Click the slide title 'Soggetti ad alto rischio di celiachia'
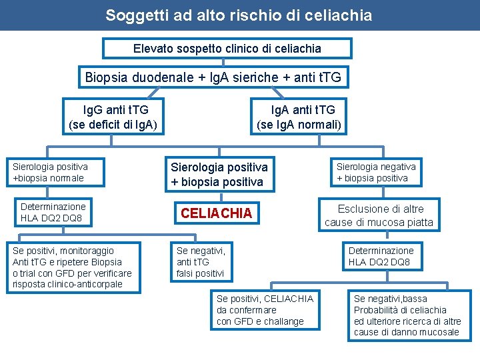[x=239, y=15]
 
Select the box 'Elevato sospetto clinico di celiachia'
[x=227, y=49]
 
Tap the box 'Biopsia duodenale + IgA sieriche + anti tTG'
[x=213, y=77]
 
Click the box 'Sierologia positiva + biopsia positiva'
[x=219, y=174]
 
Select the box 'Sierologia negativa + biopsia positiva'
[x=376, y=172]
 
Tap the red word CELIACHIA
[x=217, y=213]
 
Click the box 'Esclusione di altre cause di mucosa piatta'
[x=379, y=215]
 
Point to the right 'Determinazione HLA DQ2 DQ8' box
[x=381, y=256]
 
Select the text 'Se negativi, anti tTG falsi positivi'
[x=201, y=262]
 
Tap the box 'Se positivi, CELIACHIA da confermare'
[x=264, y=310]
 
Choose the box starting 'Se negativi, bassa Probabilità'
[x=407, y=315]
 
